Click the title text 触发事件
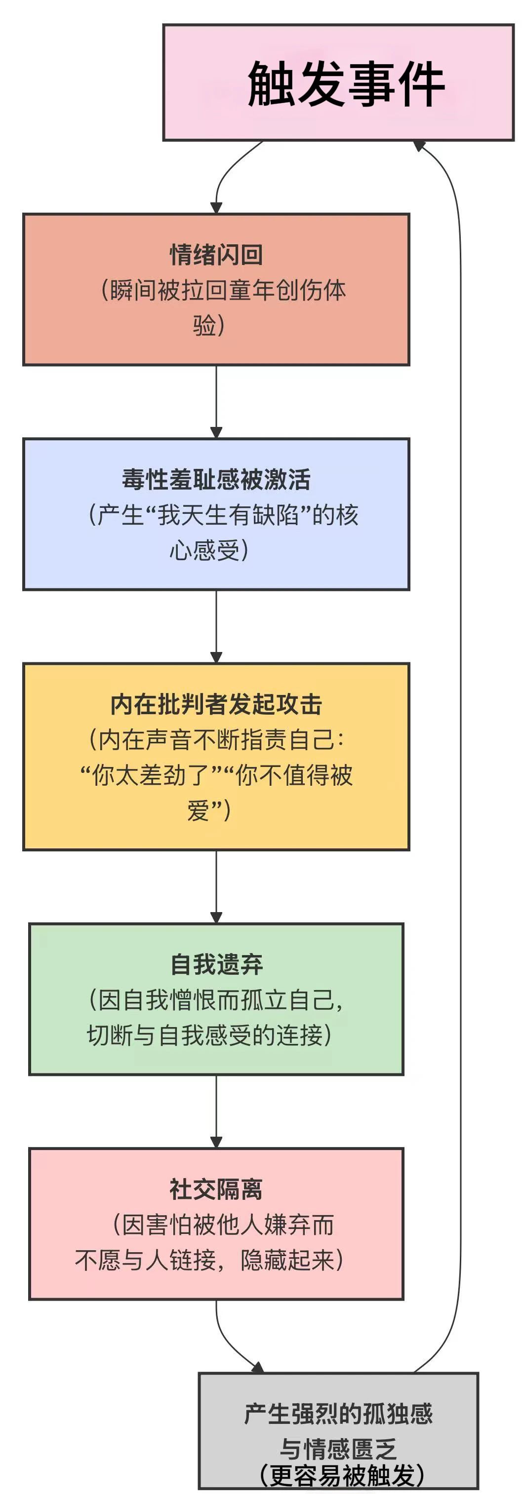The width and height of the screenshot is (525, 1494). pyautogui.click(x=346, y=84)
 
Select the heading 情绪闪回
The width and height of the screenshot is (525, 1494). pyautogui.click(x=216, y=255)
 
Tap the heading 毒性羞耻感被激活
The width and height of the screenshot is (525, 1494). pyautogui.click(x=216, y=479)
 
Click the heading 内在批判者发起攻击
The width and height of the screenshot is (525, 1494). pyautogui.click(x=216, y=704)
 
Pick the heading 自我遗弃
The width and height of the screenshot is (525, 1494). pyautogui.click(x=216, y=964)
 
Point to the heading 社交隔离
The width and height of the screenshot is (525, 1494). pyautogui.click(x=216, y=1189)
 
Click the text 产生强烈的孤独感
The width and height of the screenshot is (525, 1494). pyautogui.click(x=338, y=1414)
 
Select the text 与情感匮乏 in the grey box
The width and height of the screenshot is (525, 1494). pyautogui.click(x=338, y=1449)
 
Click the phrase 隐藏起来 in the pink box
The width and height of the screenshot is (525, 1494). pyautogui.click(x=288, y=1260)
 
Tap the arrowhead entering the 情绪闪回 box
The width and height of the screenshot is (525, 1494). pyautogui.click(x=216, y=208)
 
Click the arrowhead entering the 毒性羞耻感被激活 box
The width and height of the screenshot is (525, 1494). pyautogui.click(x=216, y=433)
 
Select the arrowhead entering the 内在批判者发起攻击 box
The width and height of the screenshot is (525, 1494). pyautogui.click(x=216, y=658)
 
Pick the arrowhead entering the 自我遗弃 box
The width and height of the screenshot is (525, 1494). pyautogui.click(x=216, y=918)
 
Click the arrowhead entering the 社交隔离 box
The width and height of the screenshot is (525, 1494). pyautogui.click(x=216, y=1143)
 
